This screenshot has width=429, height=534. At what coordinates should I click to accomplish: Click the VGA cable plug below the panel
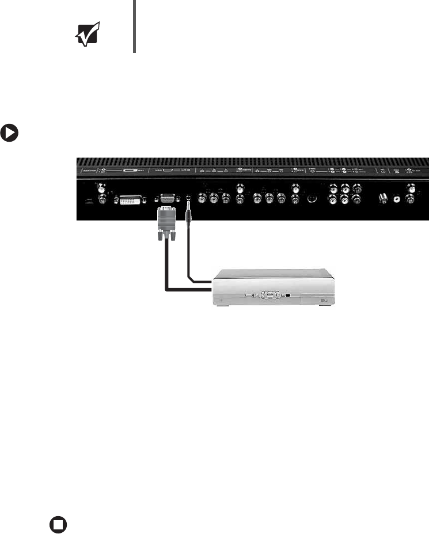coord(166,214)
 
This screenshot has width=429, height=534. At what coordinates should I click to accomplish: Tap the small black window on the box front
coord(288,296)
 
